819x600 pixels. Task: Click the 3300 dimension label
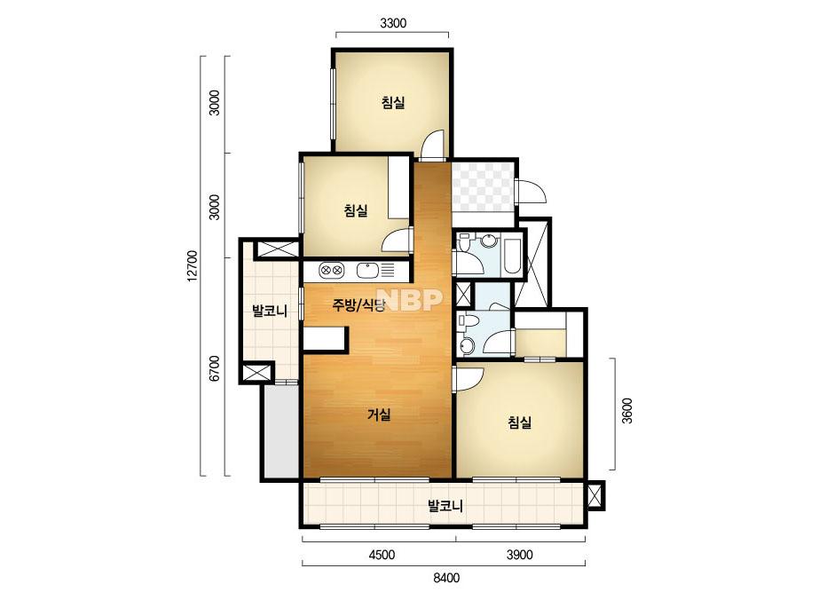pyautogui.click(x=393, y=23)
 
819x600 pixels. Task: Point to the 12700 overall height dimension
pyautogui.click(x=193, y=265)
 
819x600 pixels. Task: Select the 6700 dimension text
pyautogui.click(x=214, y=368)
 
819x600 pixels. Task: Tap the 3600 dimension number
pyautogui.click(x=627, y=410)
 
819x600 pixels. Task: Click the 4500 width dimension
pyautogui.click(x=382, y=555)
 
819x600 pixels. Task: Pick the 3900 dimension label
pyautogui.click(x=520, y=555)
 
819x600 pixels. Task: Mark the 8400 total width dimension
pyautogui.click(x=446, y=578)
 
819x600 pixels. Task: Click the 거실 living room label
pyautogui.click(x=379, y=415)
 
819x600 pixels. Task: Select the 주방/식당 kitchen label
pyautogui.click(x=358, y=304)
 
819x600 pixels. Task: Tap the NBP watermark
pyautogui.click(x=410, y=299)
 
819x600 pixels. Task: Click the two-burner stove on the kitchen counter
pyautogui.click(x=332, y=270)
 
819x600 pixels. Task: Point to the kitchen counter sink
pyautogui.click(x=367, y=270)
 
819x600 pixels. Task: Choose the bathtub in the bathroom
pyautogui.click(x=512, y=257)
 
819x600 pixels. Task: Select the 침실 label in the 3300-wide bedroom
pyautogui.click(x=393, y=102)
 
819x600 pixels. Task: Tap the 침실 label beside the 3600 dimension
pyautogui.click(x=520, y=422)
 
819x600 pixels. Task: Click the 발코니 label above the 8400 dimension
pyautogui.click(x=445, y=505)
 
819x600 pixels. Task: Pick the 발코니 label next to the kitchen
pyautogui.click(x=270, y=312)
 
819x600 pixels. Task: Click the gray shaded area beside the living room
pyautogui.click(x=281, y=431)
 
